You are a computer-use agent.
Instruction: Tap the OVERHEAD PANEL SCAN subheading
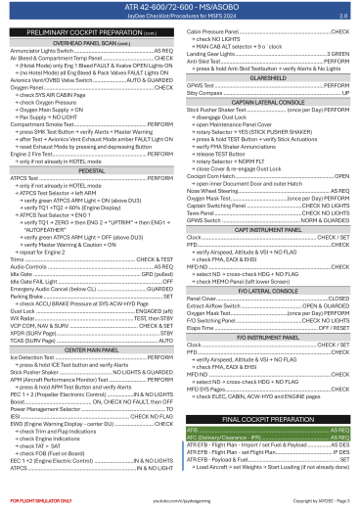(90, 45)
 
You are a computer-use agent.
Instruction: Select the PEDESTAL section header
(91, 141)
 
